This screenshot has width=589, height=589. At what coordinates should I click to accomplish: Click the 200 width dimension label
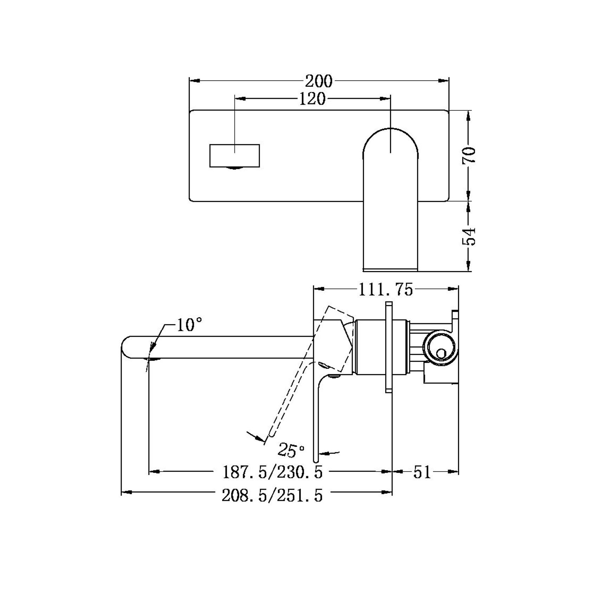click(318, 82)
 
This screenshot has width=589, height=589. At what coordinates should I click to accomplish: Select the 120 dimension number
click(312, 99)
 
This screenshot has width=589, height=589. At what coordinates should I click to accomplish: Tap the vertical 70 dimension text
click(469, 155)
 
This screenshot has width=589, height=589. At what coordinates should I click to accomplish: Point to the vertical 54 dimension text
click(470, 236)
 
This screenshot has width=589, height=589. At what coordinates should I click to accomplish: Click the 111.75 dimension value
click(386, 290)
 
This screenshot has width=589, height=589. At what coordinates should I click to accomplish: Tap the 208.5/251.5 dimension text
click(272, 496)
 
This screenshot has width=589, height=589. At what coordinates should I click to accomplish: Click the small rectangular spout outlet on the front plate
click(234, 155)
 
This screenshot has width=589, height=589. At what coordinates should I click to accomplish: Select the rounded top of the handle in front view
click(390, 132)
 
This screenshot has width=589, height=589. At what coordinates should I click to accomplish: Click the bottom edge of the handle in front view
click(390, 270)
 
